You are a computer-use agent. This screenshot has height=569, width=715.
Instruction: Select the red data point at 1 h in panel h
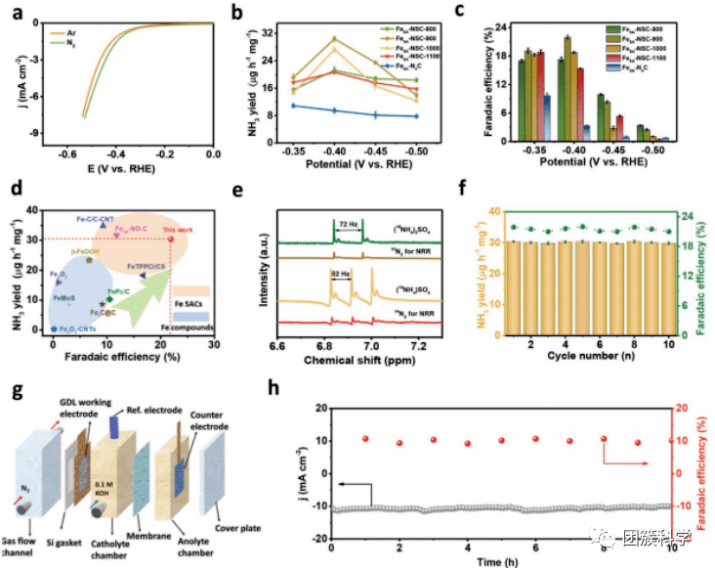(365, 439)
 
